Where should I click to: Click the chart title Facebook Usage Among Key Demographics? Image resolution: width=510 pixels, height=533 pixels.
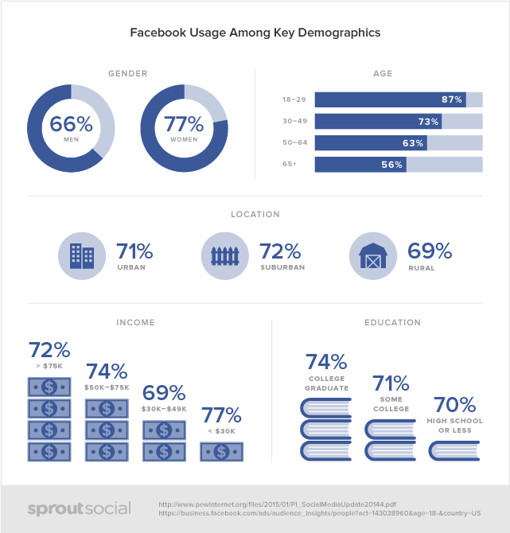point(255,33)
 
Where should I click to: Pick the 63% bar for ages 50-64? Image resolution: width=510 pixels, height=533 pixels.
point(371,143)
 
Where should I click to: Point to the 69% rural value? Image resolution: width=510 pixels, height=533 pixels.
point(430,252)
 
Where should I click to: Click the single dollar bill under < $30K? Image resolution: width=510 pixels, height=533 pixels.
point(221,451)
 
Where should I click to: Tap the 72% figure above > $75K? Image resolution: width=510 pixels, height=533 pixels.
point(49,350)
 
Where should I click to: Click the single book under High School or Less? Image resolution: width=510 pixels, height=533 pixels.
point(454,451)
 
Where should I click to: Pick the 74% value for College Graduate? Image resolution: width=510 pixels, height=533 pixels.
point(326,363)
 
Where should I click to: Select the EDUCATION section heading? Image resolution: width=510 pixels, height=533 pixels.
point(391,323)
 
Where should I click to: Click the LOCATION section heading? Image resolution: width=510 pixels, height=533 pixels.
point(255,214)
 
